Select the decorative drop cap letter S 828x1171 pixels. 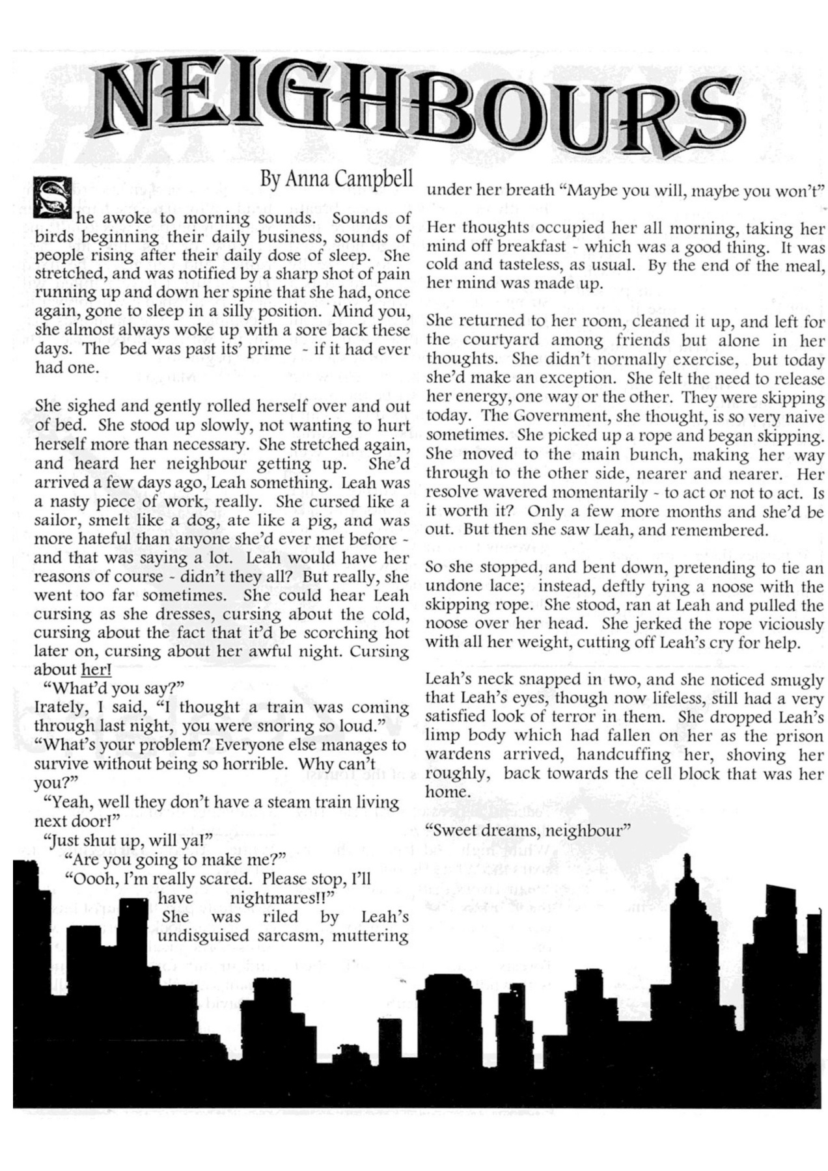(47, 198)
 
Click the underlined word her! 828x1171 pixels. (96, 670)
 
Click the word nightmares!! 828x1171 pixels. (282, 898)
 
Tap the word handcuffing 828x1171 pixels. (614, 755)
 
